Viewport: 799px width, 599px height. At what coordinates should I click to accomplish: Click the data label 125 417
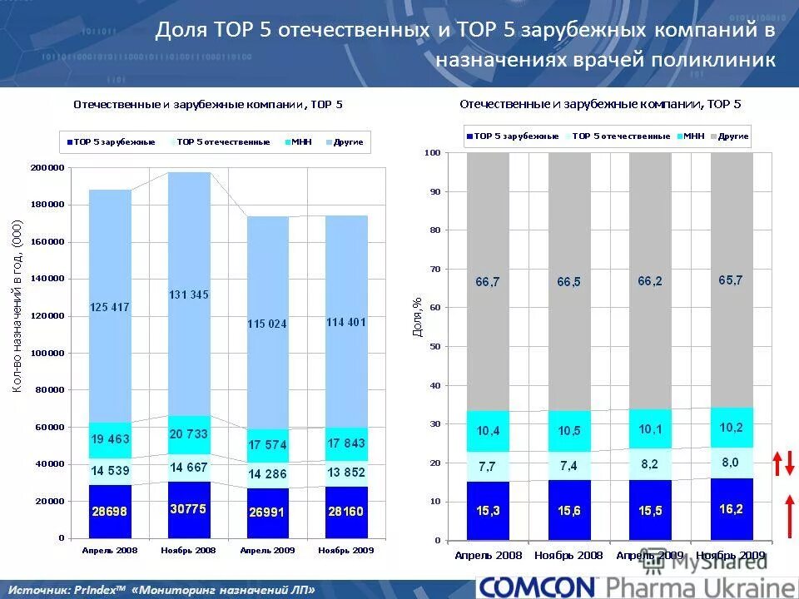pyautogui.click(x=110, y=308)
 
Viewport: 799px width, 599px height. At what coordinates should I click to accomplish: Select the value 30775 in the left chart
pyautogui.click(x=189, y=508)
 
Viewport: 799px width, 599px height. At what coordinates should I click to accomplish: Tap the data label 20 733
pyautogui.click(x=189, y=435)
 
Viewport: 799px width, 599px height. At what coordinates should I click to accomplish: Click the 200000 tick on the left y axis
pyautogui.click(x=48, y=168)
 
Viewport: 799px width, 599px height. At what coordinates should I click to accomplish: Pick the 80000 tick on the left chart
pyautogui.click(x=51, y=390)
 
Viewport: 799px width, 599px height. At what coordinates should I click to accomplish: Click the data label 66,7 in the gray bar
pyautogui.click(x=488, y=282)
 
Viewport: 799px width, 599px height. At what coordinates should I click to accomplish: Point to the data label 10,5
pyautogui.click(x=569, y=430)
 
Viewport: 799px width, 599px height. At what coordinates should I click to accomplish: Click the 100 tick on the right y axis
pyautogui.click(x=432, y=153)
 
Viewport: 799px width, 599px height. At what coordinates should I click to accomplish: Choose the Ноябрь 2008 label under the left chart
pyautogui.click(x=189, y=550)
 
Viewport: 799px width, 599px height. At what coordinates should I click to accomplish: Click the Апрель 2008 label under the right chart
pyautogui.click(x=488, y=555)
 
